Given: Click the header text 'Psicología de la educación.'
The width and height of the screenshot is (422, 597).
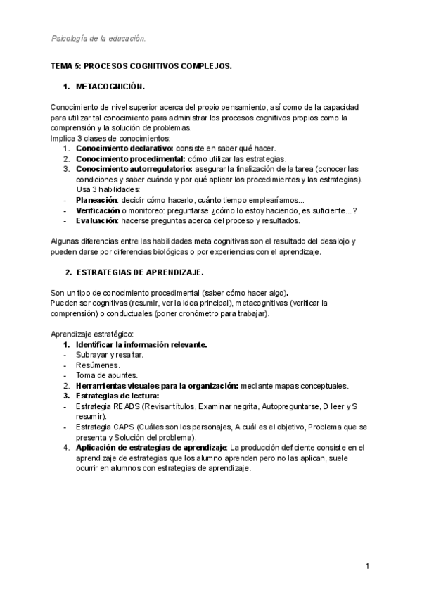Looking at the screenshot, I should point(99,38).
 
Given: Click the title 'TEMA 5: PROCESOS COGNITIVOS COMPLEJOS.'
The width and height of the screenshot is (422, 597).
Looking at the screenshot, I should point(141,65).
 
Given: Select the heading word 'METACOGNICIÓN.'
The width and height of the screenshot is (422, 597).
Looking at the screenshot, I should point(110,87).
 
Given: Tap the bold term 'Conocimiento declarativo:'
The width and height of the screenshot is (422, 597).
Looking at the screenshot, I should point(124,149).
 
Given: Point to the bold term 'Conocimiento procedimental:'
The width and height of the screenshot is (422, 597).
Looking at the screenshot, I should point(129,159).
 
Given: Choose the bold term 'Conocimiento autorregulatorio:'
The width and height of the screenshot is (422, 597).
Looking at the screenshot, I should point(134,169).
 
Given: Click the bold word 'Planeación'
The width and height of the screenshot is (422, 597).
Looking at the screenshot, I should point(97,200).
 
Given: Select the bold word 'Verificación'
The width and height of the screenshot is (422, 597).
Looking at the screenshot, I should point(98,210).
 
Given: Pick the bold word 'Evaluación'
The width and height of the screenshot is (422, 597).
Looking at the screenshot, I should point(96,220).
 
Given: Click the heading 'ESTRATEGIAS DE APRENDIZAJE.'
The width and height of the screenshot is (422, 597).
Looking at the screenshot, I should point(140,272).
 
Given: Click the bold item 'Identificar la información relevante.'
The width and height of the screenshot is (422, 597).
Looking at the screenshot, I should point(141,345).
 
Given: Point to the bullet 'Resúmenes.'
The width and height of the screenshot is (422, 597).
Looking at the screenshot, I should point(98,365).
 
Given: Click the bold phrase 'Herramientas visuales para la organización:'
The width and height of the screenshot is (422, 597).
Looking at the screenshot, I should point(157,386).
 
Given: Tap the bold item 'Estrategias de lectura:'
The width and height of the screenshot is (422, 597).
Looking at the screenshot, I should point(117,396).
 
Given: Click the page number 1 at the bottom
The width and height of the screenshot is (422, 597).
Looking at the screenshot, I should point(368,566).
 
